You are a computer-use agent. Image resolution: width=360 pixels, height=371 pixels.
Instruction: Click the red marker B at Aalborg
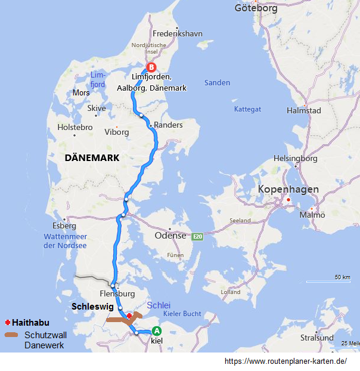[x=151, y=67]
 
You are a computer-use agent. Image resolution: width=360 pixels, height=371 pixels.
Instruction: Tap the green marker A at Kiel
[x=157, y=331]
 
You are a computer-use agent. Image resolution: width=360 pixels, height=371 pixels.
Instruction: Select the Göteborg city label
[x=256, y=8]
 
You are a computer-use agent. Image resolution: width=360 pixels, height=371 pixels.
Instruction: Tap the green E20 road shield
[x=198, y=237]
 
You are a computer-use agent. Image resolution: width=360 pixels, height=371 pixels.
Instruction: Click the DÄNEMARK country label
[x=92, y=157]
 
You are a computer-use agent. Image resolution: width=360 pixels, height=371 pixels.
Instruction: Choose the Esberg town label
[x=64, y=226]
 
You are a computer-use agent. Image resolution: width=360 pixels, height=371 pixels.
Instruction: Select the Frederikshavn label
[x=178, y=34]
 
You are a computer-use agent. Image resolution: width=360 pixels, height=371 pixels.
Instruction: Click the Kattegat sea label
[x=247, y=109]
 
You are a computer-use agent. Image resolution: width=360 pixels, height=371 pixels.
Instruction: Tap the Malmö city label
[x=312, y=215]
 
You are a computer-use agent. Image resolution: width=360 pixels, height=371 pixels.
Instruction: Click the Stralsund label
[x=317, y=338]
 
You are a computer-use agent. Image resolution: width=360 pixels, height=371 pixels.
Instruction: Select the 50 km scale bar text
[x=342, y=277]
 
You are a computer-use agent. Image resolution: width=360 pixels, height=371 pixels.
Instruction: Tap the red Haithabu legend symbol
[x=7, y=322]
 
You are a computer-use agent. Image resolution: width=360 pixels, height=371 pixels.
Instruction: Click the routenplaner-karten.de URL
[x=285, y=361]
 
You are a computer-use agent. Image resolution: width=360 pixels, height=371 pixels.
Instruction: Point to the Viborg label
[x=116, y=132]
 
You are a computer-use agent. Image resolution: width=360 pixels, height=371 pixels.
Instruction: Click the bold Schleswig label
[x=92, y=307]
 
